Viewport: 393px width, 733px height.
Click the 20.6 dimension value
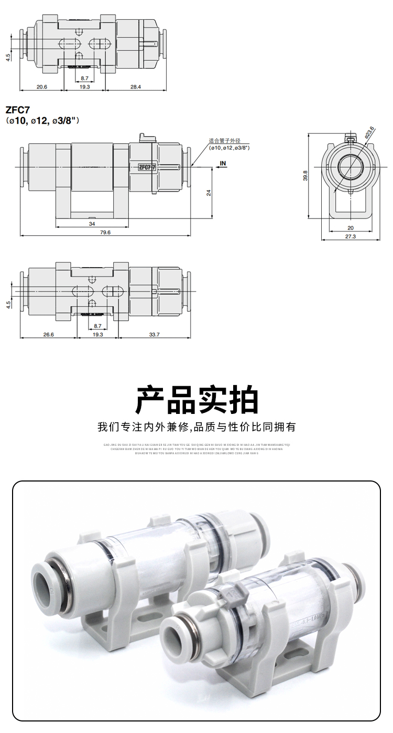41,86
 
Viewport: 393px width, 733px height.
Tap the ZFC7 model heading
18,110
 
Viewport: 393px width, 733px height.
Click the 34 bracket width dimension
92,224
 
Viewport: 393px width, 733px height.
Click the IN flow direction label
223,163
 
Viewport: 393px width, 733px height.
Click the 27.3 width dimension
351,236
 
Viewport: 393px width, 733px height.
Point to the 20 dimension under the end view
351,227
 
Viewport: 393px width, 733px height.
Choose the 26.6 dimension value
48,334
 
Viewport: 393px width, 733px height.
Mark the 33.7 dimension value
154,334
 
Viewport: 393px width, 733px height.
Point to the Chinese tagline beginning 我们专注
196,427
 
